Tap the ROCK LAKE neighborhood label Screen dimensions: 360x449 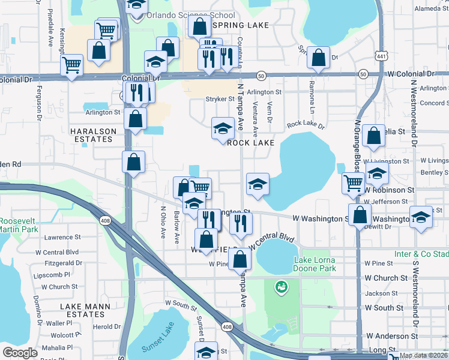click(250, 143)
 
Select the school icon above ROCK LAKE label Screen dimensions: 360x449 click(223, 128)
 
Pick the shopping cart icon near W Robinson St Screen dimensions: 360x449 click(353, 183)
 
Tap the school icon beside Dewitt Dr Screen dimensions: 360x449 click(421, 217)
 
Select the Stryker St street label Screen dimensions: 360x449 click(220, 99)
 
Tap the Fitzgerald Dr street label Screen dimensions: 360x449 click(62, 263)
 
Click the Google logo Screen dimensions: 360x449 click(20, 352)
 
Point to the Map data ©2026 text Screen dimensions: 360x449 click(423, 355)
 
